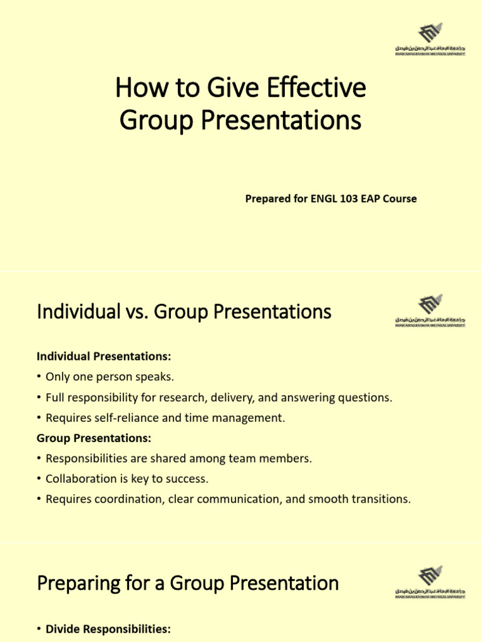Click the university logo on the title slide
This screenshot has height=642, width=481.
(x=430, y=38)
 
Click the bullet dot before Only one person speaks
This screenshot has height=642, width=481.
(x=39, y=377)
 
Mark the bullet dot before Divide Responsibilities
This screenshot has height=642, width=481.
(x=39, y=629)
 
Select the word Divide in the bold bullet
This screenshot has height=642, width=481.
(x=63, y=629)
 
